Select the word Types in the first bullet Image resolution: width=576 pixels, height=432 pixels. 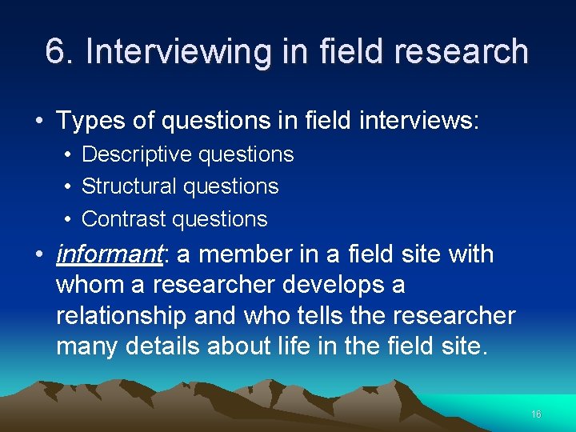[x=82, y=121]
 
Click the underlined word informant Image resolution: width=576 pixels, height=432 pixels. [x=110, y=255]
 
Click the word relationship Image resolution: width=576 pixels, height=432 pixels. [x=121, y=316]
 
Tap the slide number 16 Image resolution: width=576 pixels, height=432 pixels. [x=536, y=414]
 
